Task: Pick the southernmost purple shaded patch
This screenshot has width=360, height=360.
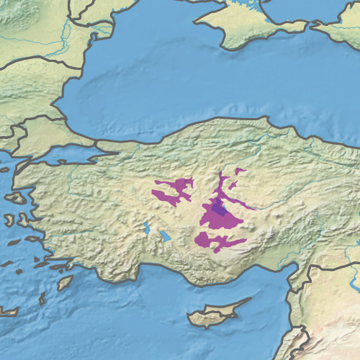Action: tap(220, 241)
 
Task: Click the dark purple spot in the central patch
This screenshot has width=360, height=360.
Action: tap(220, 210)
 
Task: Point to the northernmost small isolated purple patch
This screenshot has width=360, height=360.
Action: tap(240, 171)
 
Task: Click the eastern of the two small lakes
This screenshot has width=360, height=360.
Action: tap(165, 235)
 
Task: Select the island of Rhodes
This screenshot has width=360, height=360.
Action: tap(64, 282)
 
